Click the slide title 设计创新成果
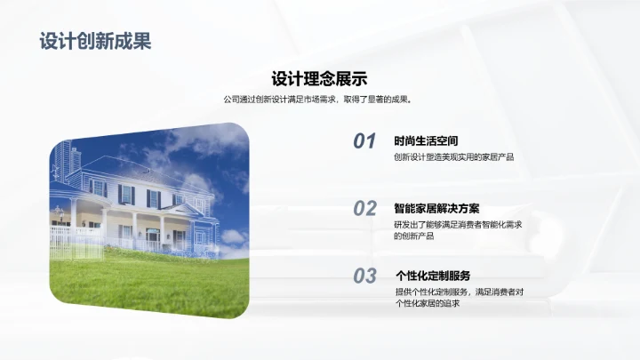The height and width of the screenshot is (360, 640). click(95, 41)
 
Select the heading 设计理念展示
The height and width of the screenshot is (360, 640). click(319, 78)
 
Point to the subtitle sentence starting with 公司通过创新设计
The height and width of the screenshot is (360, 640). click(319, 100)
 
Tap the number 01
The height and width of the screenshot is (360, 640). click(364, 141)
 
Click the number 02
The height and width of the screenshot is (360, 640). click(364, 209)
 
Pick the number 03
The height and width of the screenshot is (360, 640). click(364, 276)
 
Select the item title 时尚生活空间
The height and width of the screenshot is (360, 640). click(426, 140)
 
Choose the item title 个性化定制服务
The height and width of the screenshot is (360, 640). click(433, 275)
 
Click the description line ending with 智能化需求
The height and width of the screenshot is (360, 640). click(457, 225)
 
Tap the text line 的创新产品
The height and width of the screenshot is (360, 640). click(414, 236)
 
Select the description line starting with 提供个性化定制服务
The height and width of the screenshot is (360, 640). click(459, 292)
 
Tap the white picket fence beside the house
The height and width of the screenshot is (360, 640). click(62, 236)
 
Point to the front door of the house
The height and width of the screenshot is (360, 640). click(153, 236)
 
